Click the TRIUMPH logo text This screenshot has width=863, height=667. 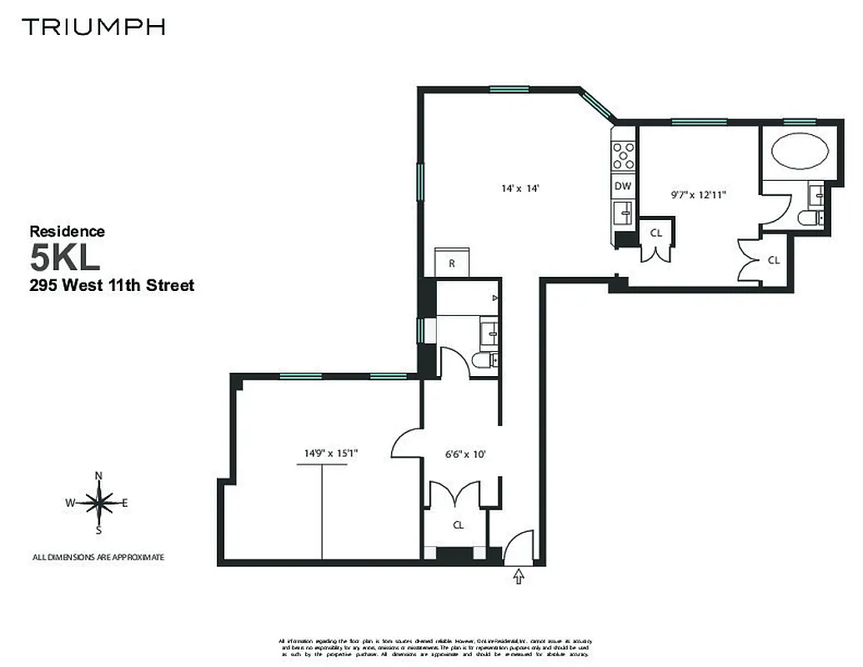coord(93,27)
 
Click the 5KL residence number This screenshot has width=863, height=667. coord(65,258)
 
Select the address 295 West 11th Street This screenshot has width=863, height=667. coord(112,286)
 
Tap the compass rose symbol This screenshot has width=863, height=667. coord(99,503)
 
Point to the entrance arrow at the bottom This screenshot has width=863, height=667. coord(519,575)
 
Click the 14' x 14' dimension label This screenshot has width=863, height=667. coord(521,188)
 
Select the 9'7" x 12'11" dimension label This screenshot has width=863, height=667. coord(699,195)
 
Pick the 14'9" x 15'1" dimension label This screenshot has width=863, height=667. coord(331,454)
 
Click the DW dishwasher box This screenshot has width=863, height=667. coord(623,186)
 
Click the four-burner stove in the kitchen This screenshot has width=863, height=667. coord(623,154)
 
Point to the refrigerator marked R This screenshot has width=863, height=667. coord(451,263)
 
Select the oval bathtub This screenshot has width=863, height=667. coord(800,153)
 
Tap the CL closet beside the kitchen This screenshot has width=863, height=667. coord(656,234)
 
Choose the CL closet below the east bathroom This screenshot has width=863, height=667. coord(773,260)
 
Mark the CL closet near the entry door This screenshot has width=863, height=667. coord(458,524)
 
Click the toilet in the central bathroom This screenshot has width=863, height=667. coord(484,361)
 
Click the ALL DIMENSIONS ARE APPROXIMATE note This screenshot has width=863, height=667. coord(98,557)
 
